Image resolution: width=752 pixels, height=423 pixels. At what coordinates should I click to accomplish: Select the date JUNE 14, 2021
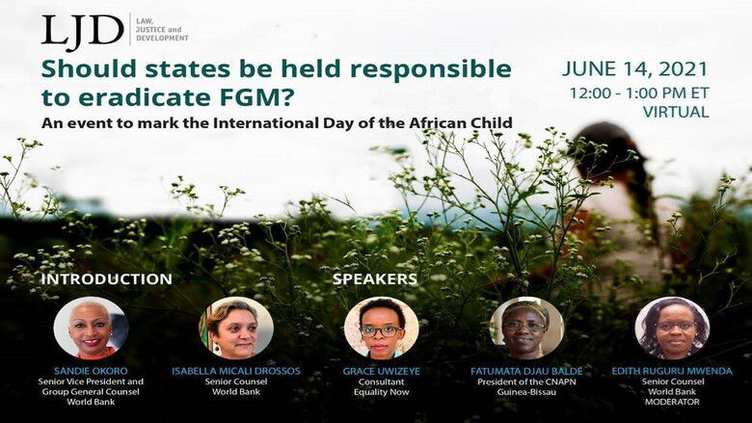tap(634, 69)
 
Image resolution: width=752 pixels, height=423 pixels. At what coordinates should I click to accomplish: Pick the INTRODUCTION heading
tap(106, 279)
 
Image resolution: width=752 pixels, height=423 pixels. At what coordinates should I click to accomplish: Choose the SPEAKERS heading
tap(375, 279)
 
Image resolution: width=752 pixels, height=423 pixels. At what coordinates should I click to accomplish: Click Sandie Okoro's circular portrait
tap(90, 328)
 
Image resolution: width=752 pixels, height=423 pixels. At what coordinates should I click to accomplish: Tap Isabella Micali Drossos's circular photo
tap(236, 328)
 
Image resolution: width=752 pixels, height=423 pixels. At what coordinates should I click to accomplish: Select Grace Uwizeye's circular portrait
tap(381, 328)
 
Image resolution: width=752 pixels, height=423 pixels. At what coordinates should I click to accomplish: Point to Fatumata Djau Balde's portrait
tap(526, 328)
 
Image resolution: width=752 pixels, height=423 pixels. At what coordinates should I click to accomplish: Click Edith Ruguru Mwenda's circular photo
tap(672, 328)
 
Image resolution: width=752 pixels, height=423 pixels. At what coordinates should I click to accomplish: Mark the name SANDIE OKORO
tap(90, 371)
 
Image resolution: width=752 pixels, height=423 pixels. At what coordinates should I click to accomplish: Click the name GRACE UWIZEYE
tap(382, 371)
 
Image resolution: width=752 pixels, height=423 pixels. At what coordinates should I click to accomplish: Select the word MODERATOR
tap(672, 406)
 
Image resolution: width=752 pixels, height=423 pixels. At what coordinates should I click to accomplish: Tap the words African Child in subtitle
tap(468, 123)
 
